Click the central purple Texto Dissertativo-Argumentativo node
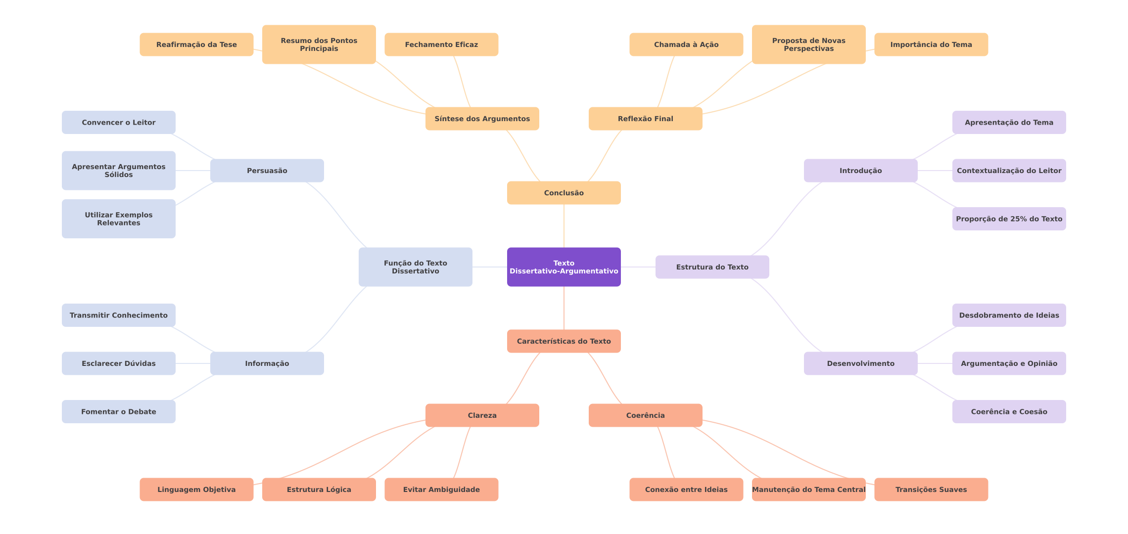coord(564,267)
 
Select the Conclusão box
coord(564,193)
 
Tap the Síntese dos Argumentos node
coord(482,119)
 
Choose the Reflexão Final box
coord(646,119)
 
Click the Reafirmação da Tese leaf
coord(196,44)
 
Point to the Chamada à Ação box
coord(686,44)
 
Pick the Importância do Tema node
coord(931,44)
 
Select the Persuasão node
coord(267,171)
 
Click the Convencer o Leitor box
coord(119,122)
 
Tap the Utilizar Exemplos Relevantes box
coord(119,219)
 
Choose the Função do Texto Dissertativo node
coord(416,267)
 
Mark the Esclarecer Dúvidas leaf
coord(119,363)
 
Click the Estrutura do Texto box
coord(712,267)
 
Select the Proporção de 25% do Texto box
coord(1009,219)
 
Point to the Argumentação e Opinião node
coord(1009,363)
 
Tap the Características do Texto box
coord(564,341)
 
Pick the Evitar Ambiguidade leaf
coord(441,489)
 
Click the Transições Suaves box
coord(931,489)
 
